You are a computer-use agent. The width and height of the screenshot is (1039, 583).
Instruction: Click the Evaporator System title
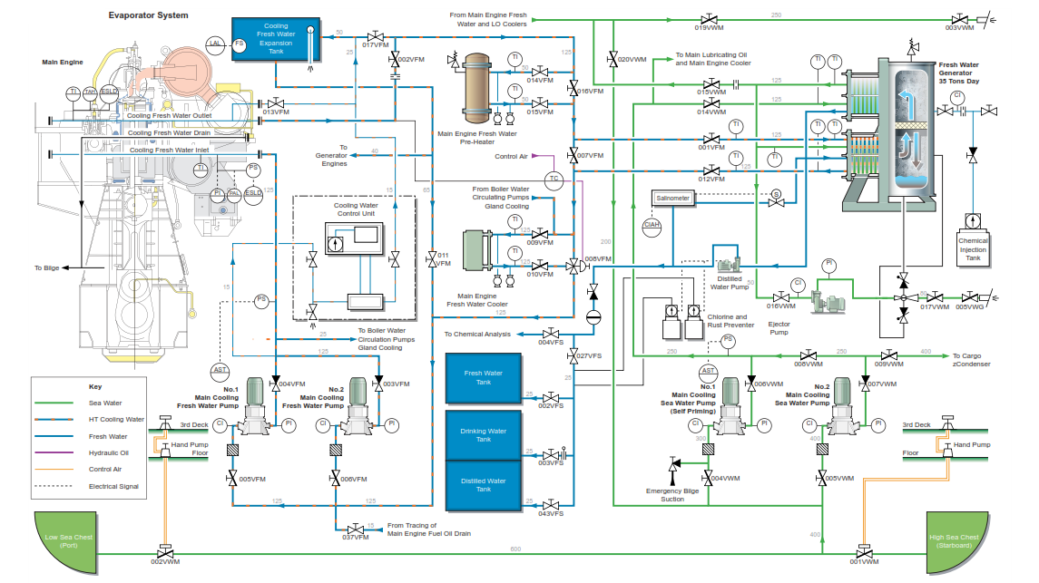coord(149,15)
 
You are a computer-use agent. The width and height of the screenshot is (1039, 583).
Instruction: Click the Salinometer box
coord(671,198)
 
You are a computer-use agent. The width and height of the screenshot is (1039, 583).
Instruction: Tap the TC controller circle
coord(554,179)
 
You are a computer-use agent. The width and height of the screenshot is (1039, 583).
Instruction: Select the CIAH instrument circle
coord(652,224)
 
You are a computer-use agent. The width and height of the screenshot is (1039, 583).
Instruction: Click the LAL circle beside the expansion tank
coord(215,44)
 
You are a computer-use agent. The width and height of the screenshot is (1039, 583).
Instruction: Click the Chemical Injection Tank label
coord(973,249)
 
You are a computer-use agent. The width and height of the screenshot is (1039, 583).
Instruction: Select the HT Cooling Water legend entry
coord(116,419)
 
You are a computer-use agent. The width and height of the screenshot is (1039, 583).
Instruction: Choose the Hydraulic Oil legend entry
coord(109,452)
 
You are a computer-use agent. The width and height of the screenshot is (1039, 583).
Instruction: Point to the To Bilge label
coord(46,267)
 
